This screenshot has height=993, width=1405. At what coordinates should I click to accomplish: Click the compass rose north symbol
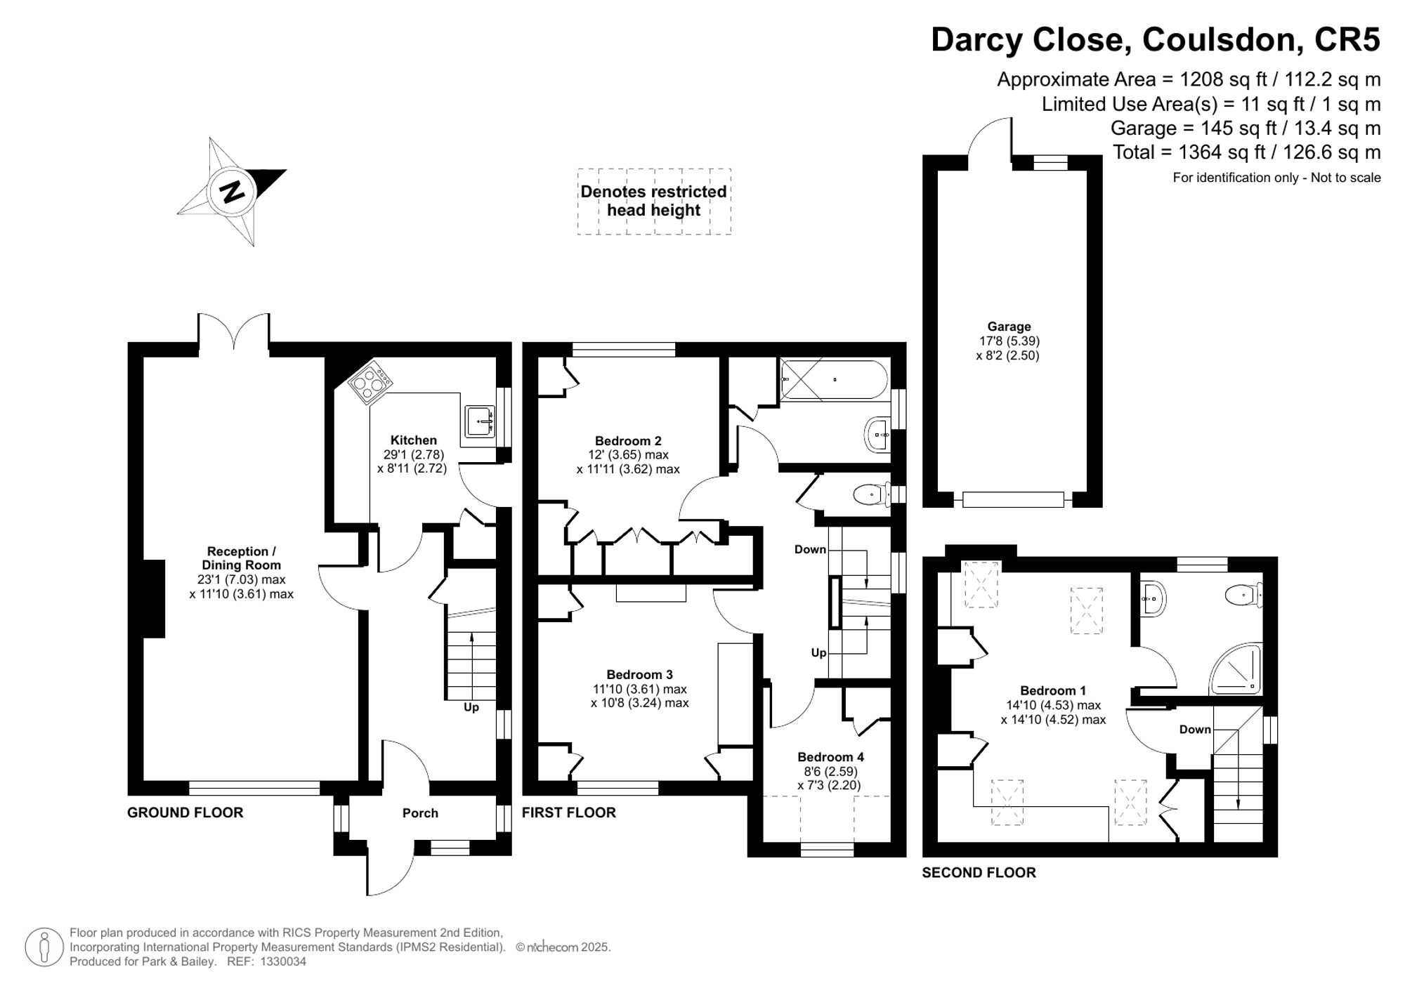click(232, 192)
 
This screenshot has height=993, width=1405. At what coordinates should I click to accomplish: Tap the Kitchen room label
click(414, 440)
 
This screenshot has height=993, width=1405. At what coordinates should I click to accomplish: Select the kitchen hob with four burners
click(370, 382)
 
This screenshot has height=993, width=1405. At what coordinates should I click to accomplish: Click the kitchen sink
click(480, 421)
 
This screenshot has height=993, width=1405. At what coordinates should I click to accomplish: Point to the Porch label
click(420, 813)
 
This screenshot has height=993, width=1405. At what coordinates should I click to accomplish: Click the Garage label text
click(1009, 327)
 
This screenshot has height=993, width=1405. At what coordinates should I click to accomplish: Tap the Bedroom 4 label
click(830, 757)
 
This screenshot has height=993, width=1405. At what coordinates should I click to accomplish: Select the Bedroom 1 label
click(1053, 690)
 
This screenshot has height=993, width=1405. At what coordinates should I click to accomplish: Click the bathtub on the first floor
click(834, 380)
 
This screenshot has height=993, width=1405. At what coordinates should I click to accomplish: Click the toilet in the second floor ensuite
click(1244, 596)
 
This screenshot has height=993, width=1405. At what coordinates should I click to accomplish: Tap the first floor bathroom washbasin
click(877, 435)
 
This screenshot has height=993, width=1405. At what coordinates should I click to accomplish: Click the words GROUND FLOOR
click(185, 813)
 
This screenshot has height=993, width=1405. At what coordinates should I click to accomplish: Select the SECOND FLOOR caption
click(979, 873)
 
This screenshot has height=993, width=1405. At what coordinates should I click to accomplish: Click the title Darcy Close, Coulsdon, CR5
click(1156, 39)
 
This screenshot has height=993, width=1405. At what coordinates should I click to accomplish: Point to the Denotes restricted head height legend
click(653, 201)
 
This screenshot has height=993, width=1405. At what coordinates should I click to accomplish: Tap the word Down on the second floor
click(1195, 730)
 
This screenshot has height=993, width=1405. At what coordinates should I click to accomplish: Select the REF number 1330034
click(283, 962)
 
